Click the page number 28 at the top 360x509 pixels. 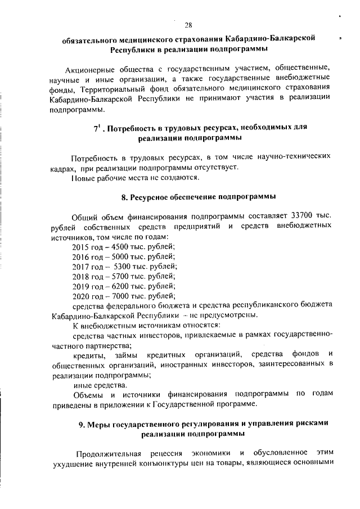click(188, 25)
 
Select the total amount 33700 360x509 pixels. click(304, 217)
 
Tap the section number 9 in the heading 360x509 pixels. click(81, 423)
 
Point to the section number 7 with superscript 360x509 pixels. click(96, 128)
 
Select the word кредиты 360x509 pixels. click(89, 354)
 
